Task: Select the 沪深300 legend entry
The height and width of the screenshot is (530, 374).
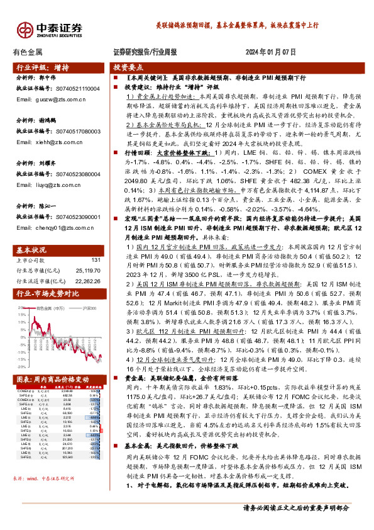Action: pyautogui.click(x=91, y=308)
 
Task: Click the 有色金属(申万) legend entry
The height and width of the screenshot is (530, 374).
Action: pyautogui.click(x=50, y=308)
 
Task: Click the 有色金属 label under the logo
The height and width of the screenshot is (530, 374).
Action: pyautogui.click(x=28, y=52)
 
